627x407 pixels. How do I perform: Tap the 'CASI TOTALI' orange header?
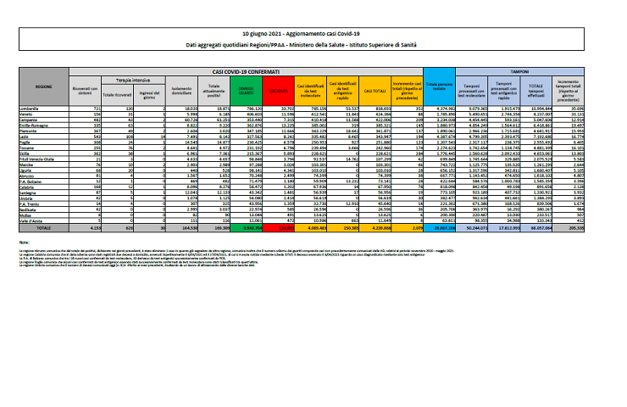[373, 88]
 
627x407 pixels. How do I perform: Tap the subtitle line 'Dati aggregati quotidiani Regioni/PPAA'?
[313, 44]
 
